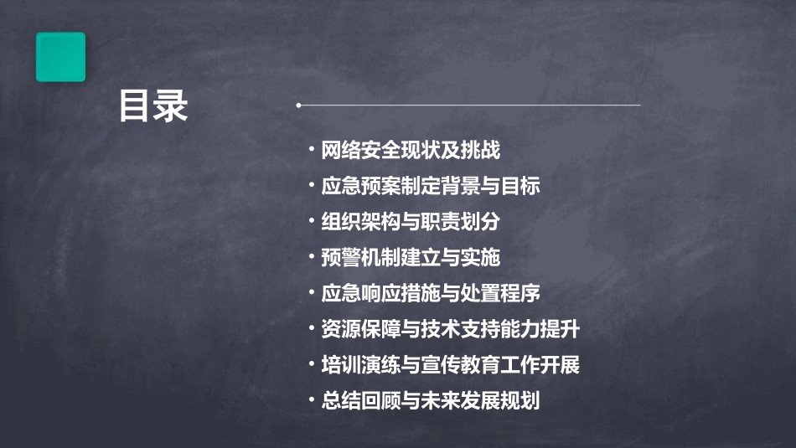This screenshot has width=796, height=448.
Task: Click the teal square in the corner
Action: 60,57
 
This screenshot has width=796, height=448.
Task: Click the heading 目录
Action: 153,106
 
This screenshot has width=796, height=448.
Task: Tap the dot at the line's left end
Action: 298,106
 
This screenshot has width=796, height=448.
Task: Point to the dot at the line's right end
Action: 639,106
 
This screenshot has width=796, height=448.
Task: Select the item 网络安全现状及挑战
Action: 411,151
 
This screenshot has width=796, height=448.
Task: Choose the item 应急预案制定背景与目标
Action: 431,186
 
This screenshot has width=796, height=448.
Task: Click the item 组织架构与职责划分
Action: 411,222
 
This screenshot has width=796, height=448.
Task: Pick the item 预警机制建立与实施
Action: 411,257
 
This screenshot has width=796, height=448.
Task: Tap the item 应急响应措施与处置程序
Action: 431,293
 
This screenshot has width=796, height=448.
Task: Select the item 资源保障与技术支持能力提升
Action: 451,329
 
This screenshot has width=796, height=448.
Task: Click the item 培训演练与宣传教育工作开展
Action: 451,365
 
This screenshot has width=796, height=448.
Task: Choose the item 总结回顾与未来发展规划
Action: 431,400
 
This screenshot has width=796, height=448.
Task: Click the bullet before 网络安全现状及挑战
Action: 312,151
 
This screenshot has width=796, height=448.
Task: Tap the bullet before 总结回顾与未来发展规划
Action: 312,400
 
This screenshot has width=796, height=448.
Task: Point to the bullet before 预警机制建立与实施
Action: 312,257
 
